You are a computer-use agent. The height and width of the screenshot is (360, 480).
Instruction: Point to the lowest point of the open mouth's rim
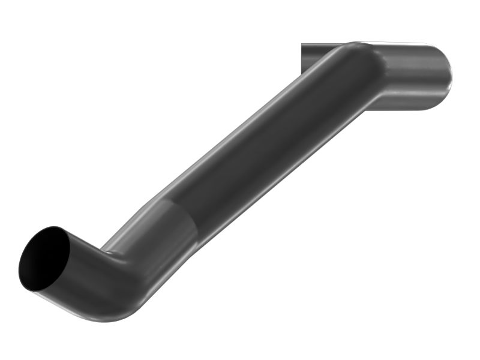tap(33, 291)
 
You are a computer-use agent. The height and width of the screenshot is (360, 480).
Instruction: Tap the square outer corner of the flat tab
tap(302, 44)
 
